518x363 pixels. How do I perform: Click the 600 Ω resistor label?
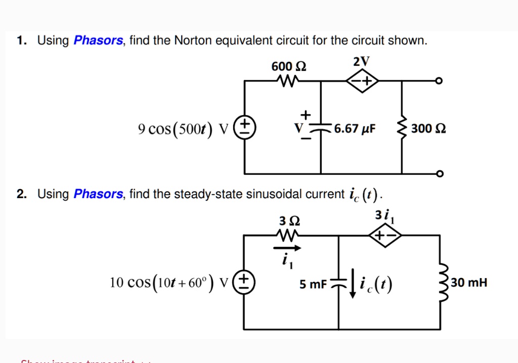pyautogui.click(x=289, y=66)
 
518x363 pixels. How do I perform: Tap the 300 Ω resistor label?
pyautogui.click(x=428, y=128)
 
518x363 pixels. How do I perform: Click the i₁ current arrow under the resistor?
pyautogui.click(x=287, y=248)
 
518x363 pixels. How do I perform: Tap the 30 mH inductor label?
pyautogui.click(x=469, y=282)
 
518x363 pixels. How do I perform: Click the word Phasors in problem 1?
pyautogui.click(x=98, y=40)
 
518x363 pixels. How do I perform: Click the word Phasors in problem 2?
pyautogui.click(x=98, y=194)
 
